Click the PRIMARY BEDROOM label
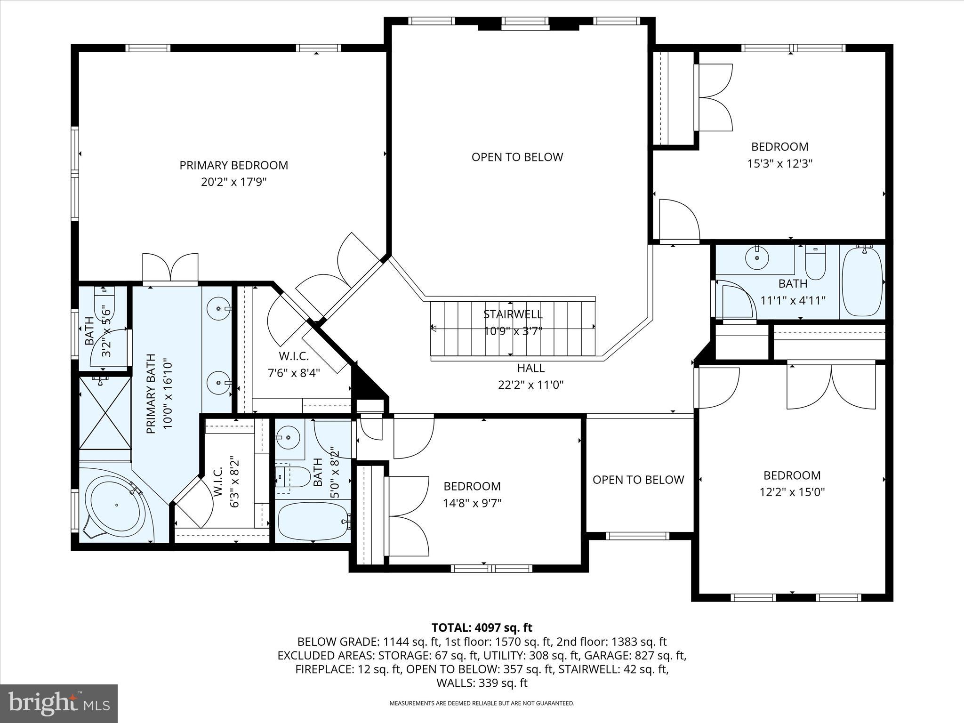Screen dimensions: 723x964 [233, 165]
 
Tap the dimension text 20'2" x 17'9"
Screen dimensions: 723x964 [233, 182]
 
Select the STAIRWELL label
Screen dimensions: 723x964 [513, 314]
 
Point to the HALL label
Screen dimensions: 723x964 [530, 368]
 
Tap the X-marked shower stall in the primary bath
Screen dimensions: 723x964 [104, 412]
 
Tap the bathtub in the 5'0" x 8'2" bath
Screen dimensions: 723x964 [313, 521]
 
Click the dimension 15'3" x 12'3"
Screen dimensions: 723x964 [780, 164]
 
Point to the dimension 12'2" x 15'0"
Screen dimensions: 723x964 [792, 492]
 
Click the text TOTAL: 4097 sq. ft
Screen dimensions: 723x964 [482, 627]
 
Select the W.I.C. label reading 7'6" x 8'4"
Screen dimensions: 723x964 [294, 373]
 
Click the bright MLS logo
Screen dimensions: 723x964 [59, 703]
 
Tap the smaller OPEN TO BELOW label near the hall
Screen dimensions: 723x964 [638, 480]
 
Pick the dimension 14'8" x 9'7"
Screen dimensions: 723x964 [472, 503]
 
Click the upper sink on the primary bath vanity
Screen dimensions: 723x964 [219, 309]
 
